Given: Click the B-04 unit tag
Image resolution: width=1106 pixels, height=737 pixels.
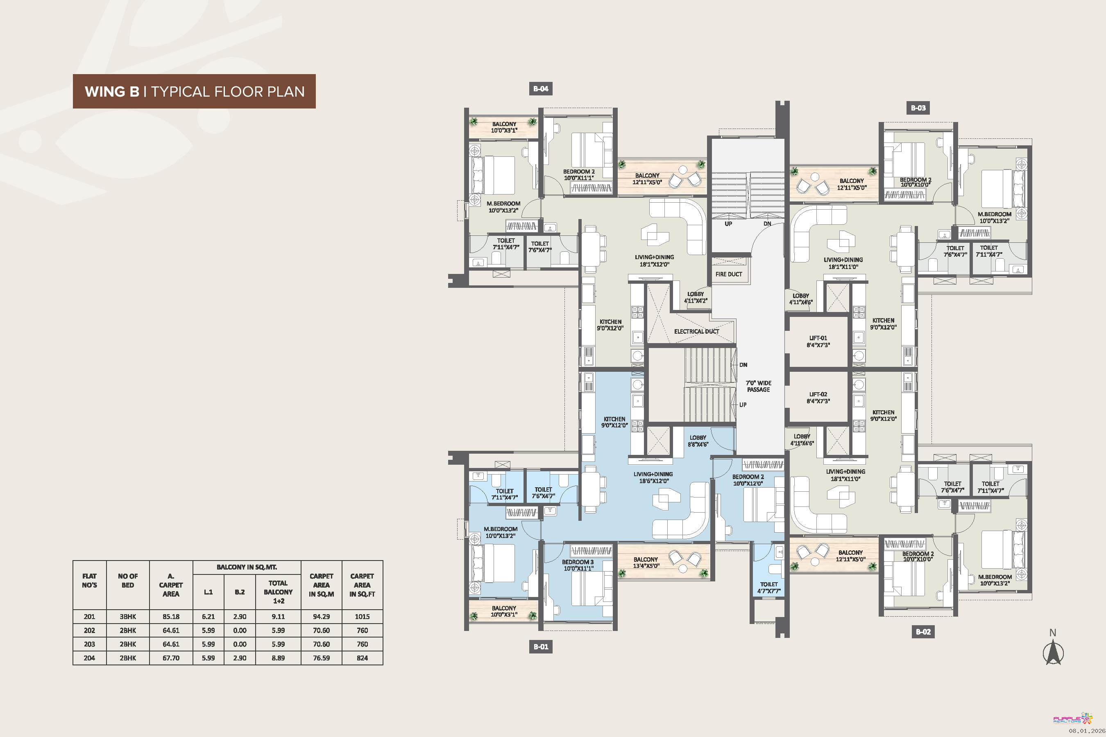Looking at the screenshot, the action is click(x=541, y=89).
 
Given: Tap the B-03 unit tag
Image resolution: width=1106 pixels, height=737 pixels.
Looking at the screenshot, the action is click(x=918, y=108).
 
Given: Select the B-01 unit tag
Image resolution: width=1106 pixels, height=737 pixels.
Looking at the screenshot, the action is click(x=541, y=647).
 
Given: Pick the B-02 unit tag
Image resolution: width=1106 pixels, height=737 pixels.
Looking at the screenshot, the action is click(x=923, y=632).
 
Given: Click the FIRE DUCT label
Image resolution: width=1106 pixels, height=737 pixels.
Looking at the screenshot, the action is click(x=728, y=274).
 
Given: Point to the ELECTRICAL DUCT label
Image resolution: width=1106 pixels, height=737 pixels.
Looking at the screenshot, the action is click(x=696, y=331).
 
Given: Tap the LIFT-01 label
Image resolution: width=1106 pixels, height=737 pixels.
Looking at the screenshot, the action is click(x=818, y=341).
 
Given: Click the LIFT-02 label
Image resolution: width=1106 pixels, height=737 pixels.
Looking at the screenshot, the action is click(x=818, y=398).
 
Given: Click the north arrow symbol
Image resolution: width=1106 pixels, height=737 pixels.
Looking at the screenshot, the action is click(x=1053, y=651).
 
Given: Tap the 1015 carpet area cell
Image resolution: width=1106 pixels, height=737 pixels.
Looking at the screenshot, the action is click(x=362, y=617).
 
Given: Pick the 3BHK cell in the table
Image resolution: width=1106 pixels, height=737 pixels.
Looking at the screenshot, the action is click(x=128, y=617).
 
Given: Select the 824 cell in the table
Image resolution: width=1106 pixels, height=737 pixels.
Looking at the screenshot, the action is click(x=362, y=658).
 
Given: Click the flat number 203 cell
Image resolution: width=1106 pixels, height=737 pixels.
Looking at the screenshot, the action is click(x=89, y=644).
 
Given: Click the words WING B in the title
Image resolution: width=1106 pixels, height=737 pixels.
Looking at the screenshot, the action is click(x=112, y=91).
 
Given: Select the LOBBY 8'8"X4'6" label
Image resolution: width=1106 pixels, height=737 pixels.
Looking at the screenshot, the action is click(x=698, y=441).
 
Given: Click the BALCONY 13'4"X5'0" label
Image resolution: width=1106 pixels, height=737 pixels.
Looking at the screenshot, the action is click(x=646, y=563).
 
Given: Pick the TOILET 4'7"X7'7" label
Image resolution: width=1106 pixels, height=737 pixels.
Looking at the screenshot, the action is click(x=769, y=588).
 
